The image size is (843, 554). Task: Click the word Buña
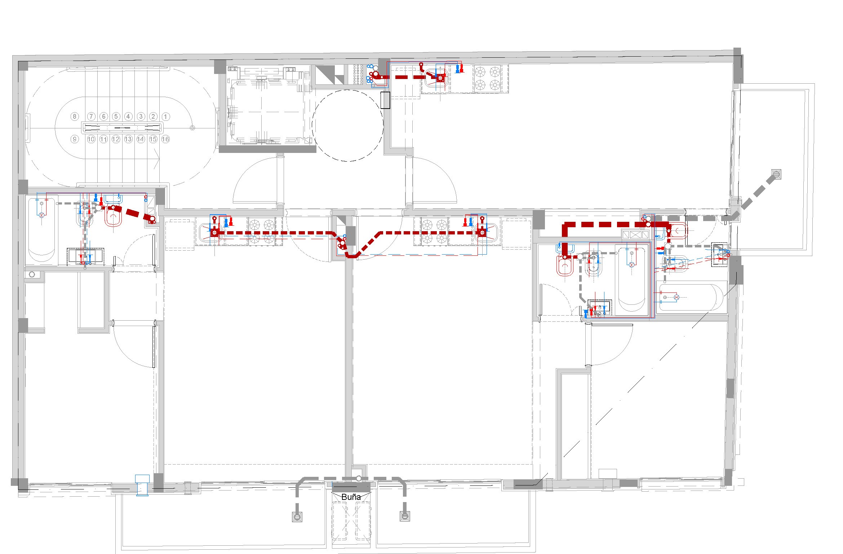click(351, 497)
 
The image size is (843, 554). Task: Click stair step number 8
click(75, 116)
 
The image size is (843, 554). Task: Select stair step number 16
click(165, 139)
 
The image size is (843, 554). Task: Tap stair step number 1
click(165, 116)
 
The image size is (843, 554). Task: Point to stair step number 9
click(75, 139)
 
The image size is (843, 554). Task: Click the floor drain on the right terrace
click(776, 175)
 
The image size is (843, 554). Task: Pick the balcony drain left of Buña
click(297, 516)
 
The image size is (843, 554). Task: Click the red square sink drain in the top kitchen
click(440, 78)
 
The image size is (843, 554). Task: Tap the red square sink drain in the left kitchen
click(214, 233)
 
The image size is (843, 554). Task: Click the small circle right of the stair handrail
click(192, 128)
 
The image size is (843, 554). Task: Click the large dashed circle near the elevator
click(347, 125)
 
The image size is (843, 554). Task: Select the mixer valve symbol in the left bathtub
click(42, 215)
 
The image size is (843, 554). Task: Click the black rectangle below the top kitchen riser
click(385, 100)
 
